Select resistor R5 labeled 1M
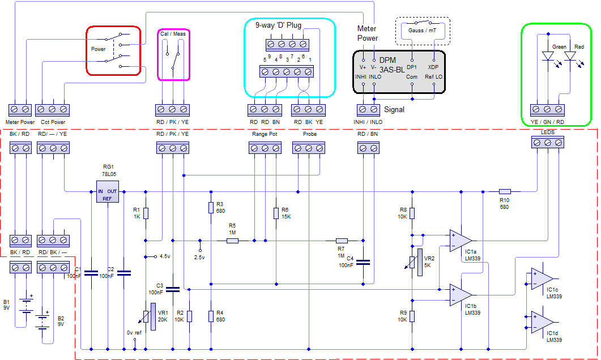pos(232,241)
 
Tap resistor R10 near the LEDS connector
pos(505,191)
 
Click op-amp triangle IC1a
pos(460,240)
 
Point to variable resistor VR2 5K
pos(420,263)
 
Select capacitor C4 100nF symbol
pos(363,262)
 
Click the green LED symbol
pos(548,56)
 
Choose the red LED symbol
pos(570,56)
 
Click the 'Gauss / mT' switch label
pos(422,29)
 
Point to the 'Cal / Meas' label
pos(173,34)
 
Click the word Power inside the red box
pos(99,49)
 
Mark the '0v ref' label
pos(134,332)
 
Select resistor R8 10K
pos(412,213)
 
